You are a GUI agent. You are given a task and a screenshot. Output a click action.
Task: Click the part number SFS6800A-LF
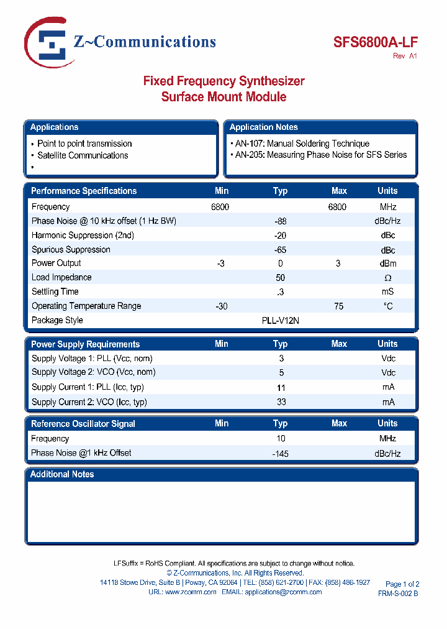tap(375, 42)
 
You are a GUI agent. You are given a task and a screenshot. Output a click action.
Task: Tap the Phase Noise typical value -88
tap(280, 221)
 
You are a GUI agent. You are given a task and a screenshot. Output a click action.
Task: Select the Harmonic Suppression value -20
tap(280, 236)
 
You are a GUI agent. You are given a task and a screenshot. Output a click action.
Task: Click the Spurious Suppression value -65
tap(280, 250)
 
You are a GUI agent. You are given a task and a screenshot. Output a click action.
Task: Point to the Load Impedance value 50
tap(280, 278)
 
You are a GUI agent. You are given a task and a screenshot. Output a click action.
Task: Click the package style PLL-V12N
tap(281, 321)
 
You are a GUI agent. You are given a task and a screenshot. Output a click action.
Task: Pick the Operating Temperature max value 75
tap(338, 306)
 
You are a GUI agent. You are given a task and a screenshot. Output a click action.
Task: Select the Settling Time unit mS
tap(387, 292)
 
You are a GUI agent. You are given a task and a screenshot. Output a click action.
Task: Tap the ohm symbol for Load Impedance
tap(387, 278)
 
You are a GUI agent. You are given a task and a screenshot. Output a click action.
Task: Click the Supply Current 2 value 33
tap(281, 402)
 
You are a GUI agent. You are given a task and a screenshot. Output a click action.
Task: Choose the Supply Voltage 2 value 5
tap(281, 373)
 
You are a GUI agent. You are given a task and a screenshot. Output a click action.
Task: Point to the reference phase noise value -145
tap(280, 454)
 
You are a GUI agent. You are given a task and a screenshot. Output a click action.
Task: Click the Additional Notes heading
tap(62, 474)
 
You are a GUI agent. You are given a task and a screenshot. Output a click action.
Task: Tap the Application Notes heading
tap(264, 127)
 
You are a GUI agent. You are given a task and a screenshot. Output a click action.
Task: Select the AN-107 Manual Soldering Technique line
tap(302, 144)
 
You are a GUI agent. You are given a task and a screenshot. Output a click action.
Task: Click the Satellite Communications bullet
tap(83, 155)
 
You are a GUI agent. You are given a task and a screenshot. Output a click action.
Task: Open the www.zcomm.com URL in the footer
tap(191, 592)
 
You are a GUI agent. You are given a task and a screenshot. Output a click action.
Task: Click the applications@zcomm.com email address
tap(283, 592)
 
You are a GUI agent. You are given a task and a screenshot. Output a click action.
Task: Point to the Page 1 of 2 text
tap(402, 584)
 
